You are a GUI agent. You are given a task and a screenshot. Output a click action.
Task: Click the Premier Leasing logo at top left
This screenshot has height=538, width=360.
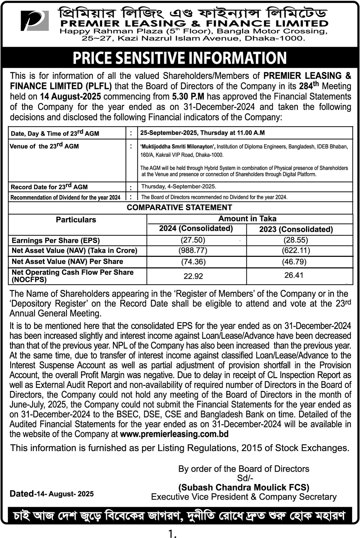tap(35, 20)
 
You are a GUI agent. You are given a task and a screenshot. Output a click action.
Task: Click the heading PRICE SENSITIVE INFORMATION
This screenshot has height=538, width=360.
tap(180, 58)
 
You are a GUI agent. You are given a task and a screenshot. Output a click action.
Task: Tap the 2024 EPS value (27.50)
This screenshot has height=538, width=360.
tap(193, 240)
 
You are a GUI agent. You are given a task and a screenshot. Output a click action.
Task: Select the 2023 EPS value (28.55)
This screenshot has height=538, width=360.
tap(296, 240)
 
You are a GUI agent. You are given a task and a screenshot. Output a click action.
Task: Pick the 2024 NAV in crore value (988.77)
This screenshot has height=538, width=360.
tap(193, 251)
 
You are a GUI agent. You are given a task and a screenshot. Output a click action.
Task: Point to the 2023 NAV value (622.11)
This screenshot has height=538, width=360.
tap(296, 251)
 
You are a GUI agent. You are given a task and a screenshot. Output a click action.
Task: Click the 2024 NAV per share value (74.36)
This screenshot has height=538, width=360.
tap(193, 262)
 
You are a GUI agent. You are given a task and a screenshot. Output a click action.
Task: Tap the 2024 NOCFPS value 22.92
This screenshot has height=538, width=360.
tap(193, 276)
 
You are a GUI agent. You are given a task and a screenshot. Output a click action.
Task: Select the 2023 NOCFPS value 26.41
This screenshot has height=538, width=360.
tap(294, 275)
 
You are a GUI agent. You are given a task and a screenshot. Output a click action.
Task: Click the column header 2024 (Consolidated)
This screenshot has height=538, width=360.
tap(196, 229)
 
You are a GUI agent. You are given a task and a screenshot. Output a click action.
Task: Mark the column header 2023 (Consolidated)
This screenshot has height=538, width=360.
tap(296, 230)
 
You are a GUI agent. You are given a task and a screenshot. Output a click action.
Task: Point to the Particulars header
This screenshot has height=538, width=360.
tap(76, 220)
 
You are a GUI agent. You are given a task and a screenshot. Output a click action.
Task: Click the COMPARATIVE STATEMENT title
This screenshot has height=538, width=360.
tap(179, 208)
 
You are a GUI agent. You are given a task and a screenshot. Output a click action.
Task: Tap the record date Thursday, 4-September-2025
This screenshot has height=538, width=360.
tap(178, 187)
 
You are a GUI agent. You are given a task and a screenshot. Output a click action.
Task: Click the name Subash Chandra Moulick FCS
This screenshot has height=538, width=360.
tap(244, 487)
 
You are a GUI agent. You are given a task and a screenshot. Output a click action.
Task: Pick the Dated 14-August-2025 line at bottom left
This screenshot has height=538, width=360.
tap(52, 494)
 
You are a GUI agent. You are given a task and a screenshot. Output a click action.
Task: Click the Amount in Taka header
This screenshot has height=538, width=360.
tap(247, 219)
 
